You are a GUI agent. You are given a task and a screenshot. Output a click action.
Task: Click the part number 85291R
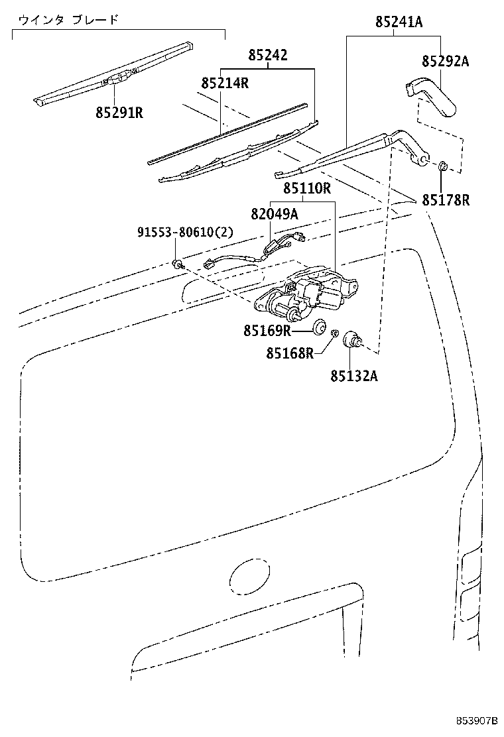point(119,112)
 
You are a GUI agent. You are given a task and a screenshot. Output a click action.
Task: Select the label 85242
point(268,55)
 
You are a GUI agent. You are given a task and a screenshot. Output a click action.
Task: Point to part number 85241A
point(399,23)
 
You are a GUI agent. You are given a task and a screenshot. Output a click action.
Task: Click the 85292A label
point(445,62)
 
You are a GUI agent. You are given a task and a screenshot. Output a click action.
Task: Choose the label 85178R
point(445,199)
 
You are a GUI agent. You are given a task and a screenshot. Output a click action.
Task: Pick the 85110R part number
point(307,188)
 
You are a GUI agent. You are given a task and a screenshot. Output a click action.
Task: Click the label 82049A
point(275,213)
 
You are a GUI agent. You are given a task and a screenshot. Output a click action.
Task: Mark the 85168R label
point(290,354)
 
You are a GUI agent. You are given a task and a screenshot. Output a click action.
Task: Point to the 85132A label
point(354,376)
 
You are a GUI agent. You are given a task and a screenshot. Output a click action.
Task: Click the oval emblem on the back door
point(249,576)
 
